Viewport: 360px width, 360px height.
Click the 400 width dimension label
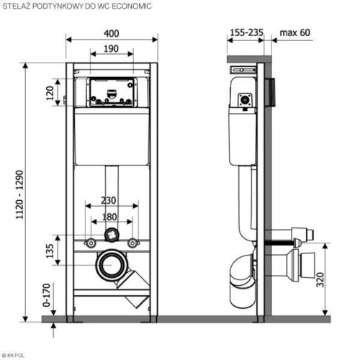[x=112, y=33]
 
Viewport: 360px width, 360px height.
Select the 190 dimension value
[x=111, y=49]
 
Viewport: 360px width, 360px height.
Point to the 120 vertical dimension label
[x=50, y=93]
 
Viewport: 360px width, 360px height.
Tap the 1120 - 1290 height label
[x=19, y=194]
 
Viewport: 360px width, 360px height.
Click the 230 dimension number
[x=109, y=200]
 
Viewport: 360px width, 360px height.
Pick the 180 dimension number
[x=109, y=217]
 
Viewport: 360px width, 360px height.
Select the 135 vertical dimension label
[x=50, y=251]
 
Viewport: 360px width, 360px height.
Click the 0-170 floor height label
[x=47, y=295]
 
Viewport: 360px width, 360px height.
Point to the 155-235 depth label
[x=246, y=32]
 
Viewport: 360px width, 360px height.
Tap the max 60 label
[x=295, y=32]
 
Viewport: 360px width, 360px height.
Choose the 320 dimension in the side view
[x=320, y=279]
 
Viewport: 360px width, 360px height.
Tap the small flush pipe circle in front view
[x=112, y=235]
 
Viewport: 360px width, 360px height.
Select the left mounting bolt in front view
[x=91, y=243]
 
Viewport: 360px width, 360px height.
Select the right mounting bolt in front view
[x=132, y=243]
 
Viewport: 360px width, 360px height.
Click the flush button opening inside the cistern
[x=112, y=91]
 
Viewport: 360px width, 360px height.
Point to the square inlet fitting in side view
[x=245, y=100]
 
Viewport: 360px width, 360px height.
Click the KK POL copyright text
[x=13, y=356]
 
